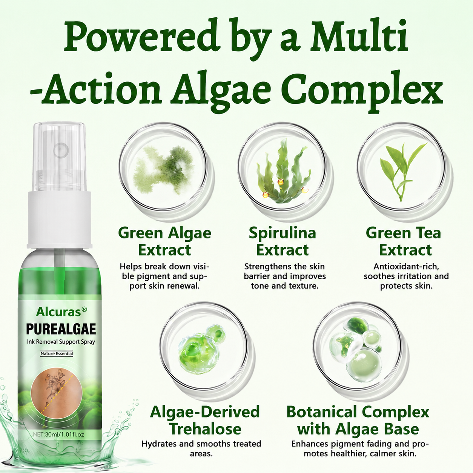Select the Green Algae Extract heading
(164, 242)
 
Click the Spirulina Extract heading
(283, 242)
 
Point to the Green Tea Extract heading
(403, 242)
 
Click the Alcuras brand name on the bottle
(59, 312)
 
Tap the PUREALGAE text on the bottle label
(61, 330)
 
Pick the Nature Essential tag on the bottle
(57, 354)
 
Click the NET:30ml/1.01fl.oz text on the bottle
(58, 435)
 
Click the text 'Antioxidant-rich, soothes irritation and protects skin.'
(406, 276)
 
